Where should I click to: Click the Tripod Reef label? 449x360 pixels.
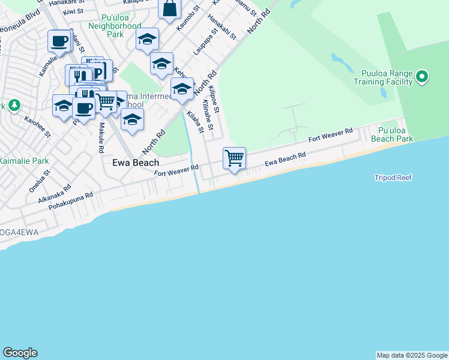(x=393, y=178)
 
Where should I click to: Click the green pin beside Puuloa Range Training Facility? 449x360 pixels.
(x=422, y=76)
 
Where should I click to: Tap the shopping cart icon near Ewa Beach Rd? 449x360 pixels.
(x=234, y=158)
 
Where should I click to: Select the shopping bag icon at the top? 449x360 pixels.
(x=170, y=8)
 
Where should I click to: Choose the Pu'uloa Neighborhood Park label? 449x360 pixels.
(x=115, y=30)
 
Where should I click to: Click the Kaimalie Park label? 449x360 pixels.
(x=24, y=161)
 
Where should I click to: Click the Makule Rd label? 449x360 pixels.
(x=101, y=137)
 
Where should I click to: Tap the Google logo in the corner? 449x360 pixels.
(x=20, y=353)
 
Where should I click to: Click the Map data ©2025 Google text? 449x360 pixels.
(x=411, y=355)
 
